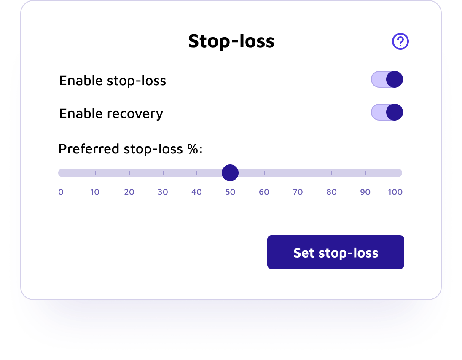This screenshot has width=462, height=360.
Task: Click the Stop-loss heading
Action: click(231, 41)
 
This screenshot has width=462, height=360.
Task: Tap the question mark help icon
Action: click(400, 41)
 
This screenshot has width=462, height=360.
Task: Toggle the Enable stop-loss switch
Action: click(387, 79)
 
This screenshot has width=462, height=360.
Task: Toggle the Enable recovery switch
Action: click(387, 113)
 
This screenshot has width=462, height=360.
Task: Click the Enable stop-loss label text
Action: click(113, 81)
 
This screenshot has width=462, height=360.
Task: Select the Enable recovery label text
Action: click(111, 114)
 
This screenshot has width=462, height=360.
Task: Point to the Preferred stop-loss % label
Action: click(130, 149)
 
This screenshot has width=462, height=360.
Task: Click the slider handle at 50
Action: click(230, 173)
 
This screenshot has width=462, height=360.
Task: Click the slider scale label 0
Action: click(61, 192)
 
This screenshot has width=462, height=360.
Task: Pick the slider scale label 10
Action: click(95, 192)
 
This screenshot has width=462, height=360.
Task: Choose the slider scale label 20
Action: click(129, 192)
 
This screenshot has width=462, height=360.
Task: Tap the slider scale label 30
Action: click(163, 192)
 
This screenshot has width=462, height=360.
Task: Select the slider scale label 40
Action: click(196, 192)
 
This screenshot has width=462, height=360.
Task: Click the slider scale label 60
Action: click(264, 192)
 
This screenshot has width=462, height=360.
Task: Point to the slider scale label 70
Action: click(298, 192)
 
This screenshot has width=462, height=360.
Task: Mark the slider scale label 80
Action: click(331, 192)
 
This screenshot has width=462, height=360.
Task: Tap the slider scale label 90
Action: click(365, 192)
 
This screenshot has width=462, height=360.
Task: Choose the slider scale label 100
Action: click(395, 192)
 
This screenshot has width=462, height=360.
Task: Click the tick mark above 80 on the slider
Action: click(332, 173)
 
